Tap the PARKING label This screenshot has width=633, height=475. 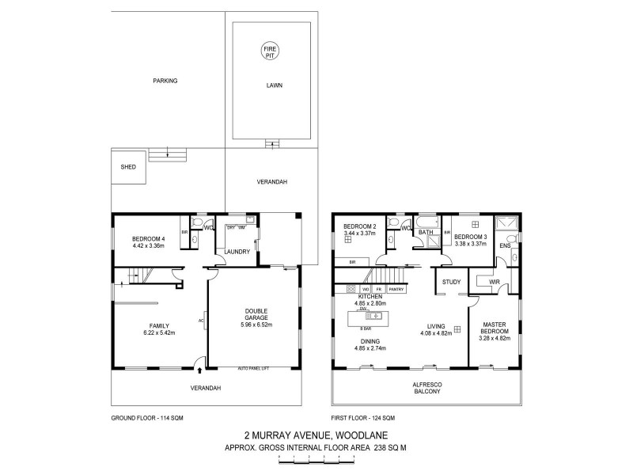(x=165, y=80)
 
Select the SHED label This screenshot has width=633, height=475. (x=127, y=167)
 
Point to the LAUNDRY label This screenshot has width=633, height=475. (x=237, y=252)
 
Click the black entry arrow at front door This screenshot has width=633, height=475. (x=199, y=367)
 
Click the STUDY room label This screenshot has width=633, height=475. (x=451, y=281)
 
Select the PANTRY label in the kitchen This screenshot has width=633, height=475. (x=396, y=290)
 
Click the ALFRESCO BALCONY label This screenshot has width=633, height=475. (x=426, y=388)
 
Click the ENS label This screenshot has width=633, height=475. (x=505, y=246)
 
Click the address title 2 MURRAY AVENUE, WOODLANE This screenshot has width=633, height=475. (x=316, y=434)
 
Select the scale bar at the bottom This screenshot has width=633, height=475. (x=316, y=461)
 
